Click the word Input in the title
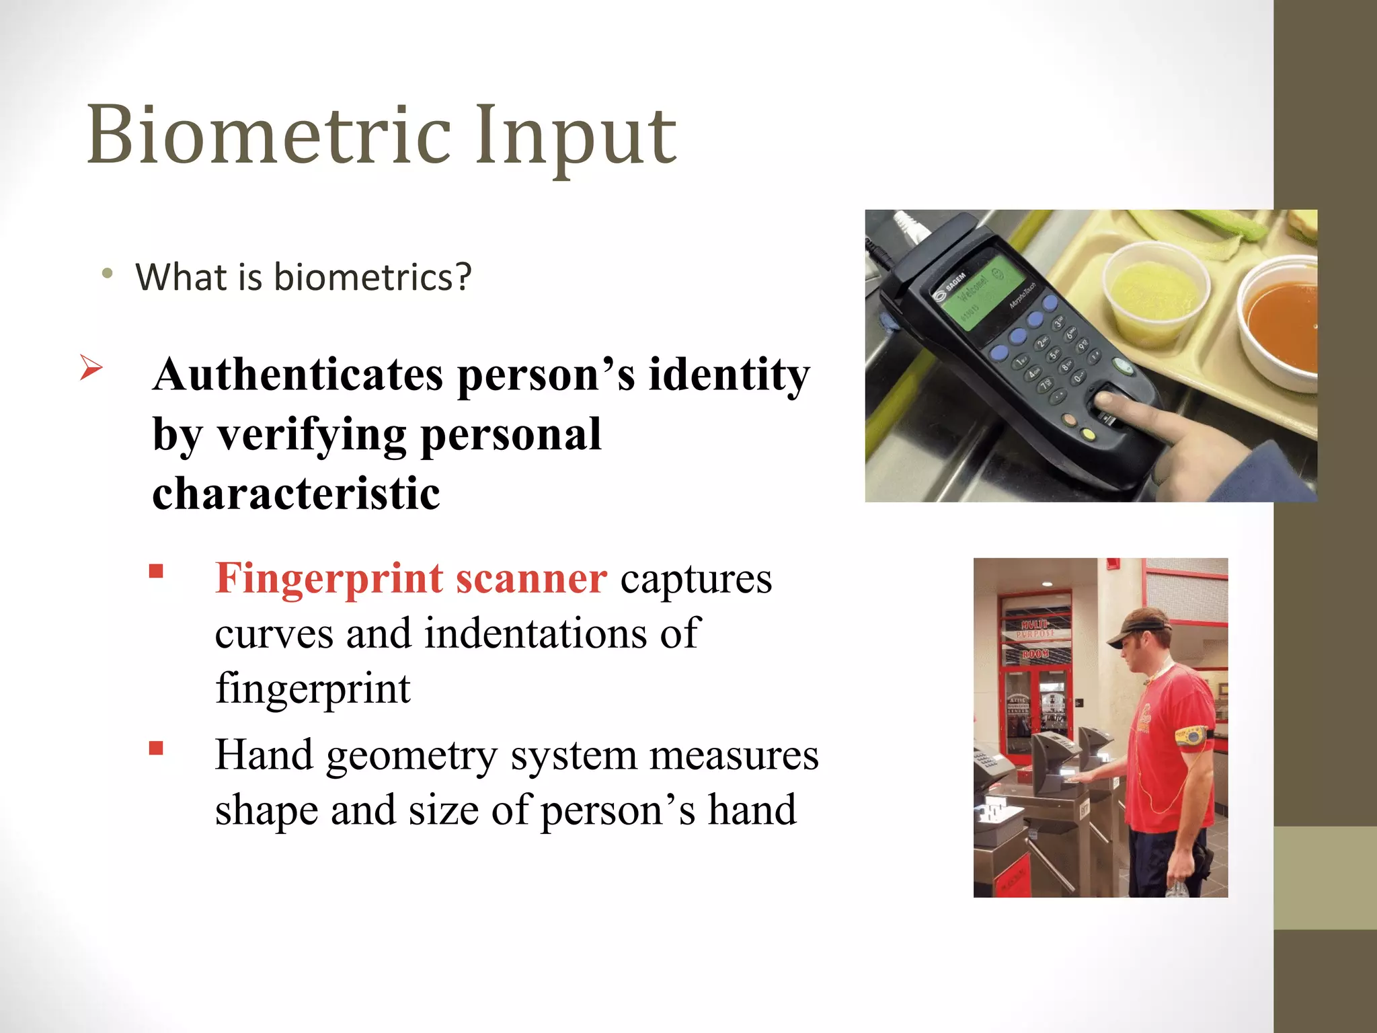tap(576, 138)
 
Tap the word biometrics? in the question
tap(372, 277)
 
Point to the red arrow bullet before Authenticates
tap(91, 367)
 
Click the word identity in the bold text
tap(729, 375)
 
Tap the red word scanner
tap(531, 578)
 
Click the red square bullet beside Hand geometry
tap(157, 749)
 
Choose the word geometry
tap(411, 756)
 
